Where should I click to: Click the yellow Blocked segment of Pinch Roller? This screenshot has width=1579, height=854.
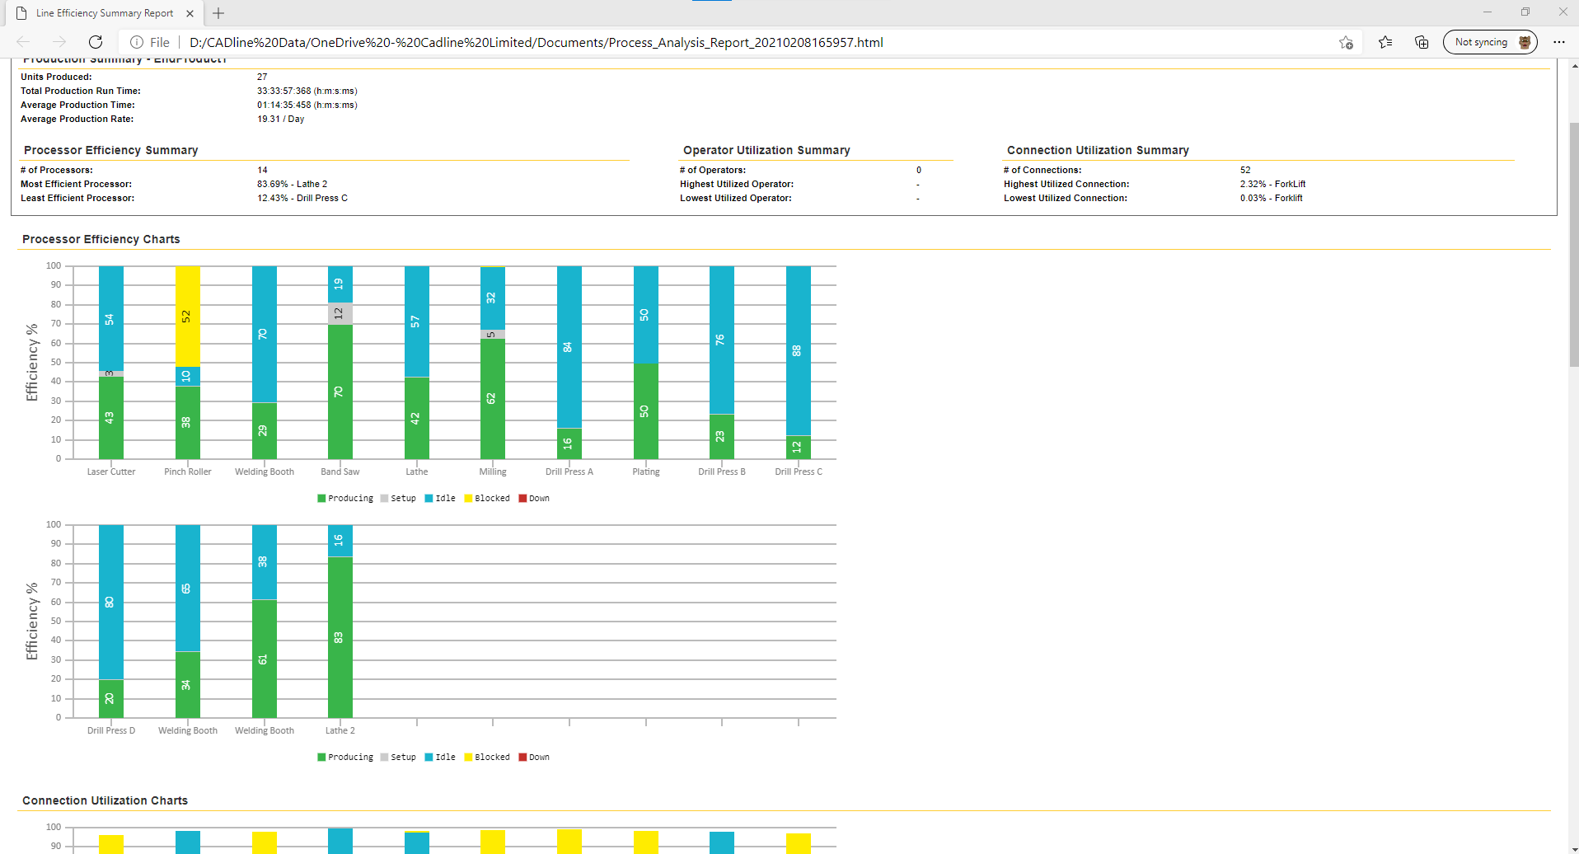point(188,316)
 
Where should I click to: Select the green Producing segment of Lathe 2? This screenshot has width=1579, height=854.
point(340,636)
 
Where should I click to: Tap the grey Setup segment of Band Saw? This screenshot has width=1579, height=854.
point(340,314)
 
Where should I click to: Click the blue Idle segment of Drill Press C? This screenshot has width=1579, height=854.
point(798,350)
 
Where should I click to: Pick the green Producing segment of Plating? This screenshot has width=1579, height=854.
point(645,411)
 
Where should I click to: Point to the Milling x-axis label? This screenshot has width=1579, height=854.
point(493,472)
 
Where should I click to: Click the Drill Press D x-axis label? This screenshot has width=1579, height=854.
point(111,730)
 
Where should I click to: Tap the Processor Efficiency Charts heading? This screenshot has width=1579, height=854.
point(101,239)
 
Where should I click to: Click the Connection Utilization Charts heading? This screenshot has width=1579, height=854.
point(105,800)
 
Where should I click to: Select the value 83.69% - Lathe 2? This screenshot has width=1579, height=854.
point(292,184)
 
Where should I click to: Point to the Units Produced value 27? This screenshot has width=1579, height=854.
point(262,77)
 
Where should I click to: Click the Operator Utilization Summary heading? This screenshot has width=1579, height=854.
point(766,150)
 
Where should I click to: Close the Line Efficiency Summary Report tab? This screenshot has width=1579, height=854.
point(190,13)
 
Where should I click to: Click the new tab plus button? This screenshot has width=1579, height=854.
point(218,13)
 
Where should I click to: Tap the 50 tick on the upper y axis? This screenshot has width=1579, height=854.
point(56,362)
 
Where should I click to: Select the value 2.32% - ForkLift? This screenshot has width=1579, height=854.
point(1272,184)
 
